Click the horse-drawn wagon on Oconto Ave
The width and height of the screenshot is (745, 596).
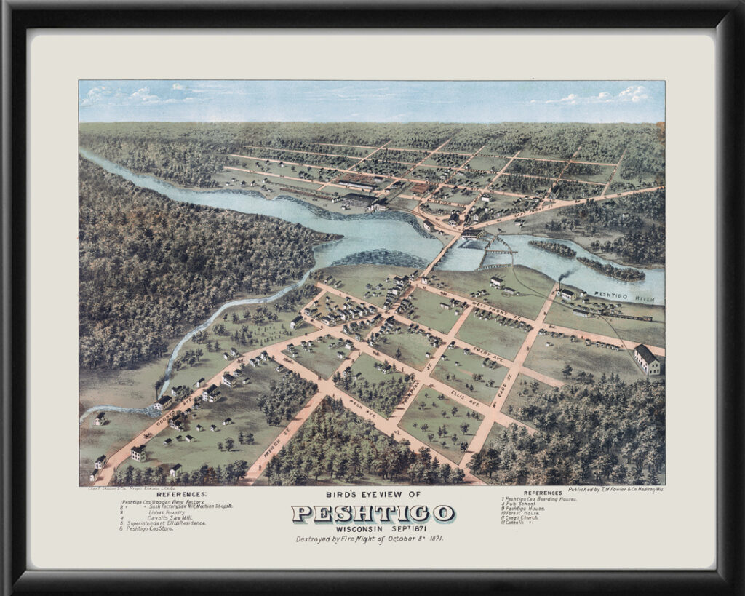tap(148, 434)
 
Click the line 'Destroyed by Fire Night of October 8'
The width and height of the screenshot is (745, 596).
tap(370, 539)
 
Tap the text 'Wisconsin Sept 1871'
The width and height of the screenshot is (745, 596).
tap(372, 528)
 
